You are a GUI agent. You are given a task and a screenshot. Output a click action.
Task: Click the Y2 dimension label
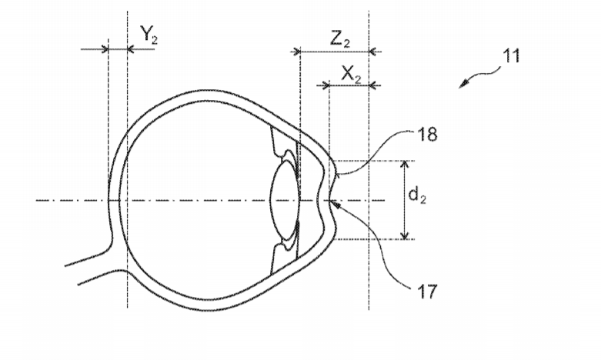[149, 35]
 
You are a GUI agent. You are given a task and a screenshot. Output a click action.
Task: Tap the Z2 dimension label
[340, 39]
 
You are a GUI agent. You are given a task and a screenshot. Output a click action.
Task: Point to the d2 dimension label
[417, 195]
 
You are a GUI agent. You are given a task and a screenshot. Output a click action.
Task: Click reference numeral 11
[511, 56]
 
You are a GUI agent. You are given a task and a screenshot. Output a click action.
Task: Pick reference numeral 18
[426, 135]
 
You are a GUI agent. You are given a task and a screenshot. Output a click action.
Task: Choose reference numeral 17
[426, 292]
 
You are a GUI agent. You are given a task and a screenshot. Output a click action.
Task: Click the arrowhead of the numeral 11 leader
[464, 84]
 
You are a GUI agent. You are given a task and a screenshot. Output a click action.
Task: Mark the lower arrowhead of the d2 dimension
[405, 235]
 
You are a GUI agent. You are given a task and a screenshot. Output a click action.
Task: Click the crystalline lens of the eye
[285, 200]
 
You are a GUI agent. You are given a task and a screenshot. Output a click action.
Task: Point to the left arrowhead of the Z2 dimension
[296, 51]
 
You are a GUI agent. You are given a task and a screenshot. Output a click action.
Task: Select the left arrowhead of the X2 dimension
[325, 85]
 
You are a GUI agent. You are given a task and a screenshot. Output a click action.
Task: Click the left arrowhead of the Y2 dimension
[104, 49]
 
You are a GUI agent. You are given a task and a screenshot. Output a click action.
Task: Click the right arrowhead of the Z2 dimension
[373, 51]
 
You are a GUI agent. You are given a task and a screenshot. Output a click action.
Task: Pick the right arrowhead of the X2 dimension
[373, 85]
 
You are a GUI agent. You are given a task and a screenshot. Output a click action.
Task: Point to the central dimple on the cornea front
[330, 200]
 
